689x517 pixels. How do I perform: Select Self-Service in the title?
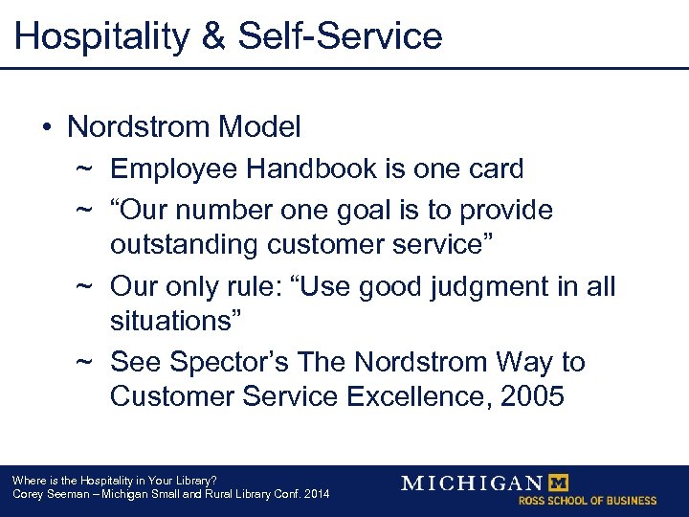pyautogui.click(x=340, y=36)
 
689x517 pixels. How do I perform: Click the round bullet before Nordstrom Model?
pyautogui.click(x=47, y=127)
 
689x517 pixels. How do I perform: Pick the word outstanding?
pyautogui.click(x=183, y=244)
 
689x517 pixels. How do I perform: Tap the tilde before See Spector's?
pyautogui.click(x=84, y=362)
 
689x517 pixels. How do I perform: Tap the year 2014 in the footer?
pyautogui.click(x=314, y=494)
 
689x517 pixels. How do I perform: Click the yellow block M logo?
pyautogui.click(x=559, y=482)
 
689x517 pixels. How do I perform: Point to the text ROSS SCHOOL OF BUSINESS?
pyautogui.click(x=588, y=501)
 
